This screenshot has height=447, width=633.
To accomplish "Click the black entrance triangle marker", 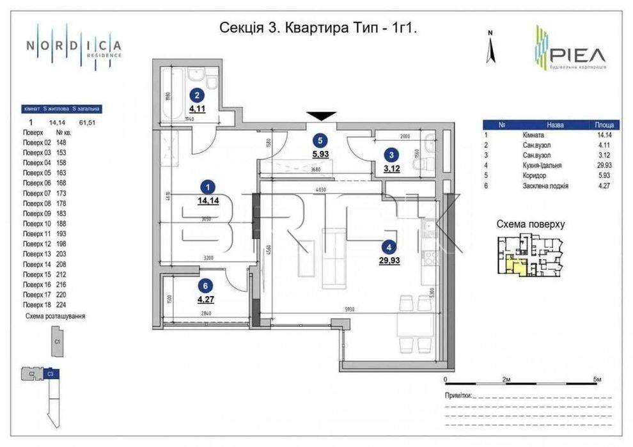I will click(321, 116).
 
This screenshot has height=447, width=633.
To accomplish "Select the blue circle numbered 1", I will click(207, 187).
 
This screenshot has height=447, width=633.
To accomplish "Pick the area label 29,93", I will click(388, 260).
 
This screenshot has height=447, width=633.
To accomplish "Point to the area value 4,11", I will click(198, 109).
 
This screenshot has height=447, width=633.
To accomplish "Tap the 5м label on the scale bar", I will click(597, 380).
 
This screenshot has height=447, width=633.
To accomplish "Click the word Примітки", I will click(458, 396).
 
